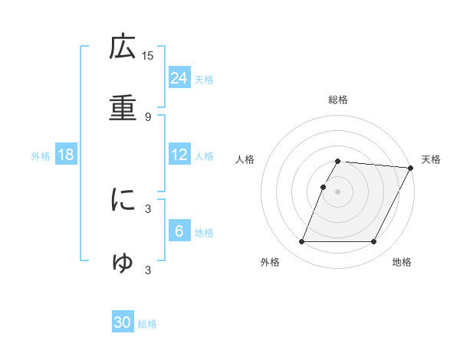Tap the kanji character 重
tap(123, 108)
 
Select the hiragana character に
tap(123, 201)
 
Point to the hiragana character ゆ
tap(123, 262)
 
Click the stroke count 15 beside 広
tap(148, 55)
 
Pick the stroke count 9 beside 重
tap(148, 116)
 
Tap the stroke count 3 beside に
tap(148, 208)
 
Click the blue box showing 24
tap(179, 77)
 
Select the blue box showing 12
tap(179, 155)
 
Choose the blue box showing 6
tap(179, 231)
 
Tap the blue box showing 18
tap(66, 155)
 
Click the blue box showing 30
tap(123, 322)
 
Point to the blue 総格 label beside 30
tap(147, 324)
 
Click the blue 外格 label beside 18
tap(41, 156)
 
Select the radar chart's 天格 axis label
tap(431, 159)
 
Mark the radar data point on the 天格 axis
tap(411, 168)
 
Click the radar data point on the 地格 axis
tap(374, 242)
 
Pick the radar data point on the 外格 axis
tap(301, 242)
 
